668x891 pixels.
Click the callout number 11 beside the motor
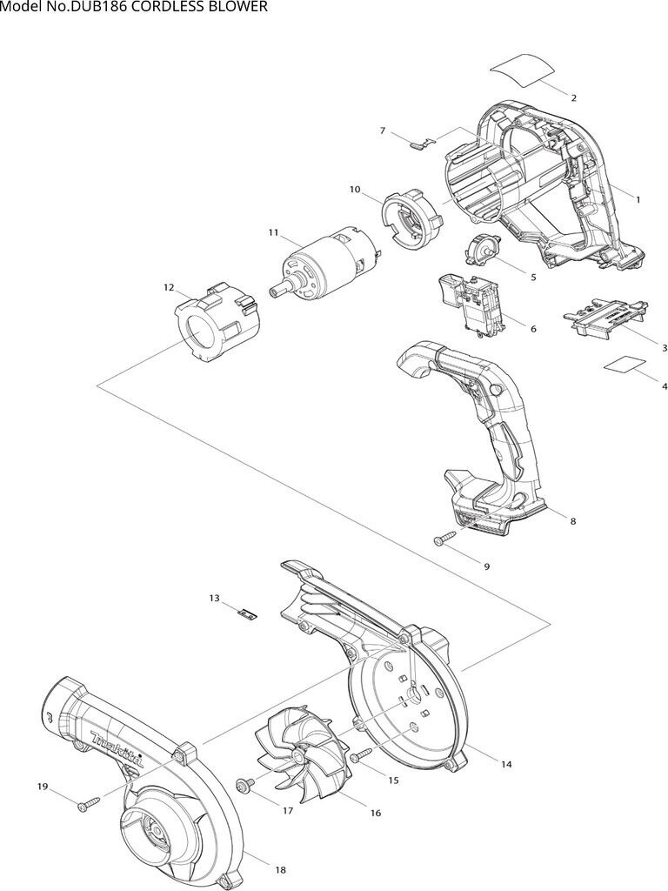274,232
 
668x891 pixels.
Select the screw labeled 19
89,803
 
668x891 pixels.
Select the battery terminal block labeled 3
605,317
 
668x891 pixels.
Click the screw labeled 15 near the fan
361,756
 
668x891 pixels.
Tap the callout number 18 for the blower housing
280,870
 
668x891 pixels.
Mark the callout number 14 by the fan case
506,764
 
